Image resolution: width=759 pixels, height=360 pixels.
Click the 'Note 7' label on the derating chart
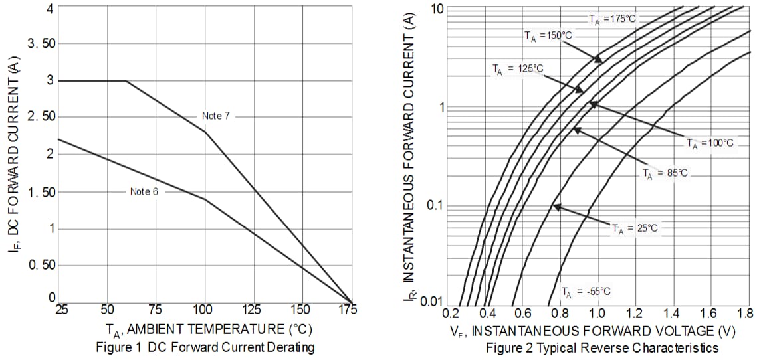(x=216, y=116)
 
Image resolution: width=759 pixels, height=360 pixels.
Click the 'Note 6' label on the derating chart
(x=144, y=191)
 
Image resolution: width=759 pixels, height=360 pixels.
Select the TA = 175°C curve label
(x=612, y=19)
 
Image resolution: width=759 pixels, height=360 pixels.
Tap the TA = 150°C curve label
(x=548, y=36)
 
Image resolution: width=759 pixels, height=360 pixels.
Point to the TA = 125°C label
(x=517, y=68)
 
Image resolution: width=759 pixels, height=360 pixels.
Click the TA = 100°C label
(x=710, y=143)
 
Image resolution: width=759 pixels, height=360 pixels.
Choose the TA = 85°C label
(x=665, y=173)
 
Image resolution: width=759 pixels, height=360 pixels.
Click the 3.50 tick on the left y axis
(x=41, y=45)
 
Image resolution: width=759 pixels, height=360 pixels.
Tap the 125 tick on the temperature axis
(x=252, y=310)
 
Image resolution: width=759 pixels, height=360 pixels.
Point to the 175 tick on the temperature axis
(x=347, y=310)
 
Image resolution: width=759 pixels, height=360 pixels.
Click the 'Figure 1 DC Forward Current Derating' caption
(x=205, y=347)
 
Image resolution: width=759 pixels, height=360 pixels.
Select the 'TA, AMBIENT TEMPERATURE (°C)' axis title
(x=208, y=329)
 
